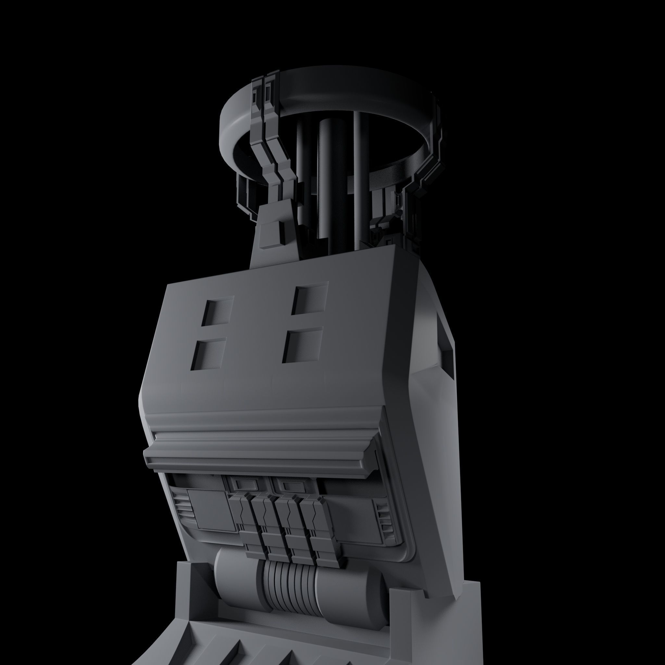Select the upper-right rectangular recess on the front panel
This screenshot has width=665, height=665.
pos(309,298)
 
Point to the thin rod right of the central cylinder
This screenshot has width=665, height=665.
pos(357,172)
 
